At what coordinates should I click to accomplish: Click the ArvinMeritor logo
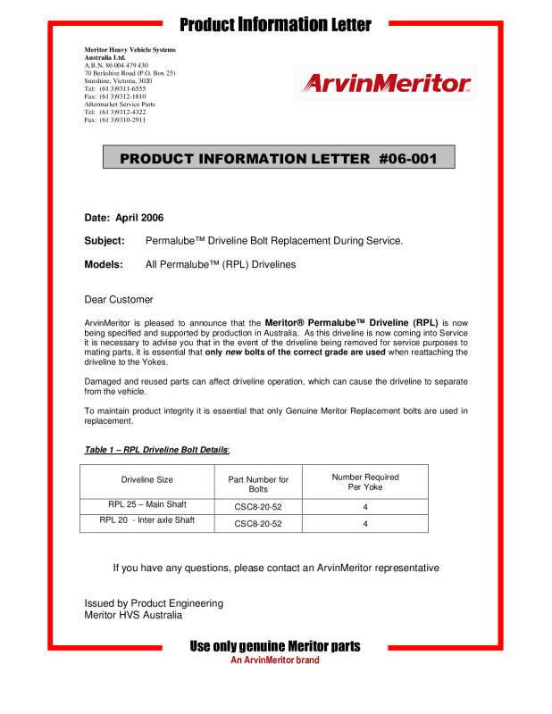tap(385, 84)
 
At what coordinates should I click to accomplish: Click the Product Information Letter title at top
tap(275, 24)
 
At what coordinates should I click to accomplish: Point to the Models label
tap(104, 264)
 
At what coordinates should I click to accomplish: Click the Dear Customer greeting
tap(118, 299)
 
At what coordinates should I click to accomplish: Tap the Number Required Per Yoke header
tap(365, 482)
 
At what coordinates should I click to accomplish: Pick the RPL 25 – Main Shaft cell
tap(147, 504)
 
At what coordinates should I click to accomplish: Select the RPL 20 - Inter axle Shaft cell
tap(147, 519)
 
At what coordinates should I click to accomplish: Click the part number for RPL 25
tap(257, 506)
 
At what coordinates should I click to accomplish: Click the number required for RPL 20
tap(365, 524)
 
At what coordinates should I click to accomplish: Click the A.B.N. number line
tap(116, 65)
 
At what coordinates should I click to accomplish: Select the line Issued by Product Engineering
tap(154, 603)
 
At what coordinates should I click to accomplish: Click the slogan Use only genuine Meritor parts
tap(275, 646)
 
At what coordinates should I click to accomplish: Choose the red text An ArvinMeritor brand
tap(275, 660)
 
